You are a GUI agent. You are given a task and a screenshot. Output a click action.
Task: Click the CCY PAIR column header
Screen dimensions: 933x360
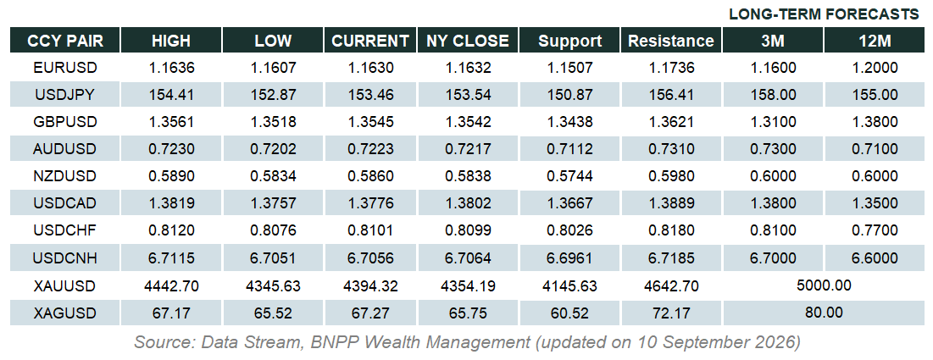[65, 41]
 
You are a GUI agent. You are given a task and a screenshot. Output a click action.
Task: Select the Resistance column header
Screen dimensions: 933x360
[671, 41]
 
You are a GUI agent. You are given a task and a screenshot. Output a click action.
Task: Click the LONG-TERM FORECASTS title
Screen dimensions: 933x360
[825, 14]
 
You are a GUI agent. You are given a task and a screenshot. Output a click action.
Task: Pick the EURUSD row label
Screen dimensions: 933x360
[65, 68]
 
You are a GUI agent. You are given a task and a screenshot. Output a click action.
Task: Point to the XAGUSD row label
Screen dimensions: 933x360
[65, 313]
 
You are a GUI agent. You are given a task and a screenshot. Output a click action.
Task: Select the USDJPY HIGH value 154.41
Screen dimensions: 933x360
[171, 95]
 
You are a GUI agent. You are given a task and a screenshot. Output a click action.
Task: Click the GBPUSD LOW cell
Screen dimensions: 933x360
[273, 122]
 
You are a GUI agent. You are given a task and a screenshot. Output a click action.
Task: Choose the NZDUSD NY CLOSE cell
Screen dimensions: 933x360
[469, 177]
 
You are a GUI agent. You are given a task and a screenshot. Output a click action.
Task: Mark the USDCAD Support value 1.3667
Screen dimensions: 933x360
[570, 203]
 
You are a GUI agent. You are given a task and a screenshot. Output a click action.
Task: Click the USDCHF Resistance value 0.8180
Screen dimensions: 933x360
[671, 231]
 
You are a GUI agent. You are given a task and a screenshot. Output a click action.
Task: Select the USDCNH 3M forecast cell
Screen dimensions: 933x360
[773, 258]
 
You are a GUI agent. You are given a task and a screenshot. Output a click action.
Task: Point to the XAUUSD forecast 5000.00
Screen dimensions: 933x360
[824, 285]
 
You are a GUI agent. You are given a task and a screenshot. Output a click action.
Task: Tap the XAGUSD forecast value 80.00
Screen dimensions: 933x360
[824, 313]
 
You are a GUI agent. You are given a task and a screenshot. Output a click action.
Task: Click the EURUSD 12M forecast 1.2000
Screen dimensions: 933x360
[874, 68]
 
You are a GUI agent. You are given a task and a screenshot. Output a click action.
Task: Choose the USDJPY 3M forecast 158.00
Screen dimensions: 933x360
[773, 95]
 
